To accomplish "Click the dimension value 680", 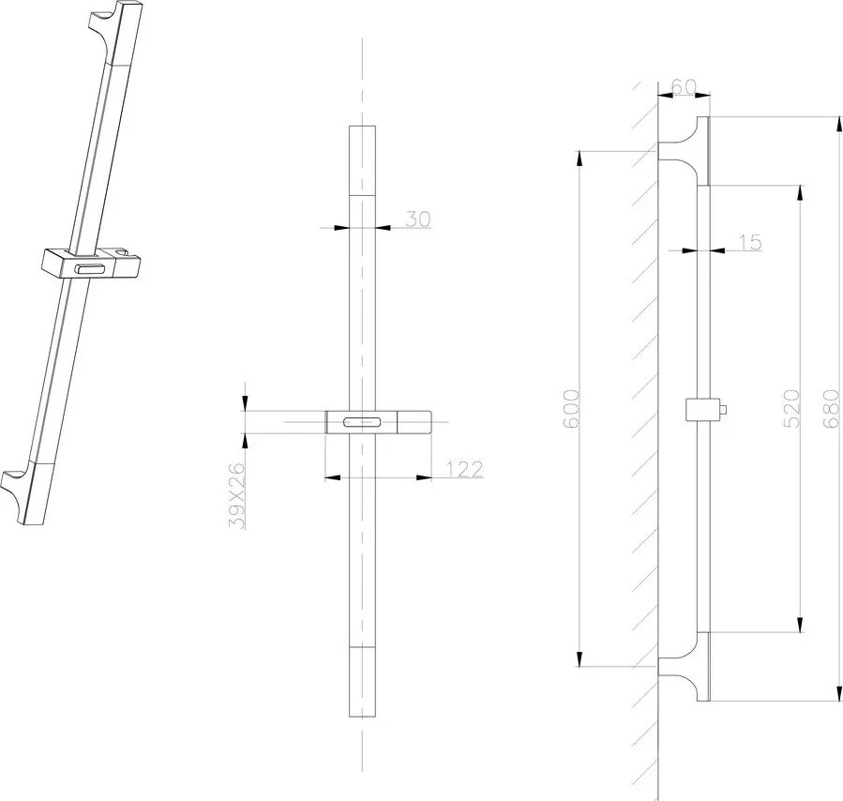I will pyautogui.click(x=829, y=410).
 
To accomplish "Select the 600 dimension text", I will pyautogui.click(x=571, y=409).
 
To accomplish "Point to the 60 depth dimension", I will pyautogui.click(x=683, y=87).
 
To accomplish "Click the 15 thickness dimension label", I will pyautogui.click(x=749, y=243).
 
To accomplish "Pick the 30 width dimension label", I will pyautogui.click(x=417, y=219).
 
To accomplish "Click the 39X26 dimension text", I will pyautogui.click(x=237, y=495).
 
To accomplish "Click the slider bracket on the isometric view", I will pyautogui.click(x=90, y=264).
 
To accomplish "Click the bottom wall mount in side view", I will pyautogui.click(x=685, y=668).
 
